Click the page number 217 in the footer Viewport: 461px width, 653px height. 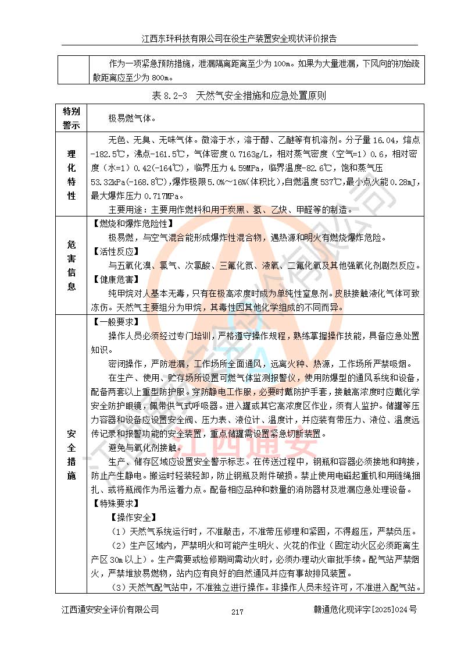(x=237, y=612)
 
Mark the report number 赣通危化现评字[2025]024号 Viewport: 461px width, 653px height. (x=365, y=610)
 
